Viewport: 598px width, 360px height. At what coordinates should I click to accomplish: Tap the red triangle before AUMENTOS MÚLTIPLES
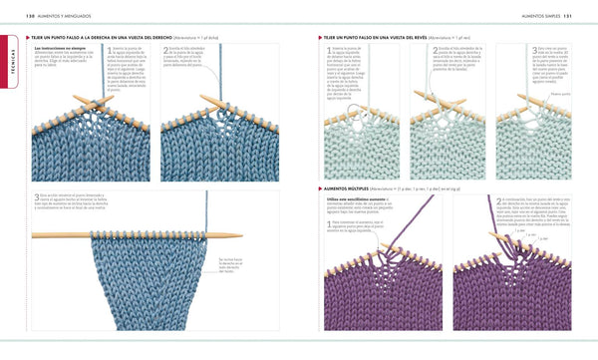tap(321, 186)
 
